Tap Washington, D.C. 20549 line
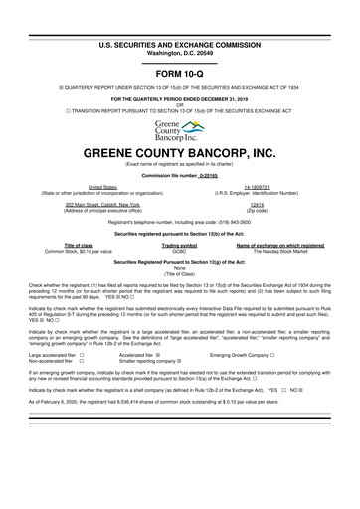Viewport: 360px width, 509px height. pos(179,27)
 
